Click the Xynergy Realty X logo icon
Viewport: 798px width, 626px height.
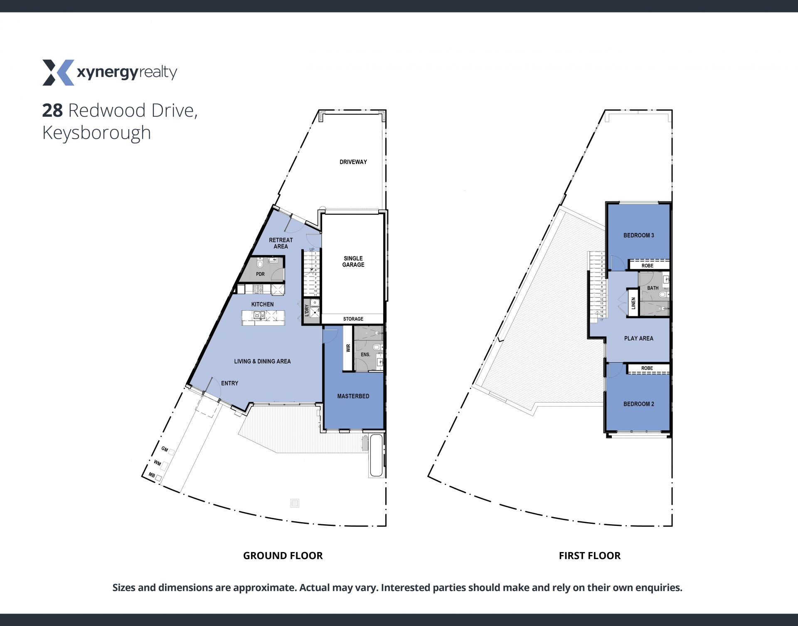(x=58, y=73)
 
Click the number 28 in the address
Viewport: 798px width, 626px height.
(x=52, y=110)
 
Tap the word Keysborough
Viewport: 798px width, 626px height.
(x=96, y=133)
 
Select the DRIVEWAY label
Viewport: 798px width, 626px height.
(x=353, y=162)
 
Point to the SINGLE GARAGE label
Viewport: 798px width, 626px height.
(x=353, y=261)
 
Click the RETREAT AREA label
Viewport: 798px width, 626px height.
(x=281, y=243)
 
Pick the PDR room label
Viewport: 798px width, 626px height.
(x=260, y=274)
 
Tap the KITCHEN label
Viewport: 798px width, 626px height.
(x=263, y=304)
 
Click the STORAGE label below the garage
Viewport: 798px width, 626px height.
(x=353, y=319)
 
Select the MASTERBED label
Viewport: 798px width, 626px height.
(x=353, y=396)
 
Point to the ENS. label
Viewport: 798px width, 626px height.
(x=365, y=354)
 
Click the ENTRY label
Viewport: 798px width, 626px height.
(x=230, y=383)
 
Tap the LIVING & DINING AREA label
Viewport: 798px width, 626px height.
(x=262, y=361)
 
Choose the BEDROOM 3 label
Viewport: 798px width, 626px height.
(x=639, y=236)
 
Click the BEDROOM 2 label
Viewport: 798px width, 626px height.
(x=639, y=404)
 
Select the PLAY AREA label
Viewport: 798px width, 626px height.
(x=639, y=339)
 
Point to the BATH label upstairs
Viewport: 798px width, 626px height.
(x=653, y=288)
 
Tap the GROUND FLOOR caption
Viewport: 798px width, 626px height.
(x=283, y=556)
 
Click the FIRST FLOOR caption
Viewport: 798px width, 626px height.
(x=590, y=556)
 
